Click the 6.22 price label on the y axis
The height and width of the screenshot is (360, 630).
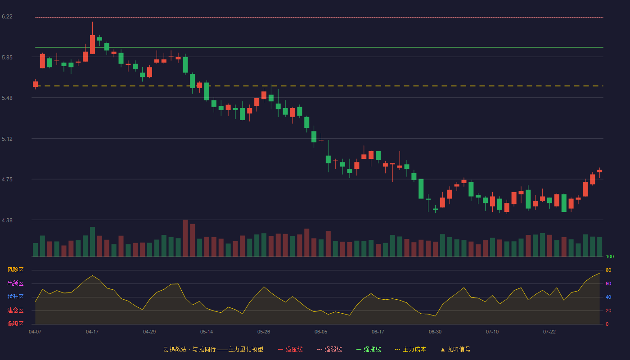(x=7, y=17)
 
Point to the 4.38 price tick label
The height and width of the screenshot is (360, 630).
(x=7, y=220)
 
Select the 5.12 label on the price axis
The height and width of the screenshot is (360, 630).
(x=7, y=139)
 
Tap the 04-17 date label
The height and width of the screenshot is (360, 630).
(x=92, y=332)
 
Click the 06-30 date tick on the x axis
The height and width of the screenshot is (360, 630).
(x=435, y=332)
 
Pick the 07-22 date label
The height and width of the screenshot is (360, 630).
(x=549, y=332)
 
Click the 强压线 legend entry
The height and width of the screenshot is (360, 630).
(x=290, y=349)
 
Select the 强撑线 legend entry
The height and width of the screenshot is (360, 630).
(x=369, y=349)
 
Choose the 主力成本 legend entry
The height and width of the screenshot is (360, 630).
(x=410, y=349)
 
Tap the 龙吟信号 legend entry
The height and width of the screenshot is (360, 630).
(x=455, y=349)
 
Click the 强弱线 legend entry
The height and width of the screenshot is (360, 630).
(x=329, y=349)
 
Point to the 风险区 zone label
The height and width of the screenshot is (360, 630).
(x=15, y=270)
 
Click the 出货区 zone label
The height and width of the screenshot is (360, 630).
(x=15, y=283)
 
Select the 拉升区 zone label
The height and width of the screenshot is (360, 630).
(x=15, y=297)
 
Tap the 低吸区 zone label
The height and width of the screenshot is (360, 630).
(x=15, y=324)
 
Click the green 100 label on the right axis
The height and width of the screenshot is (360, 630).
(x=610, y=256)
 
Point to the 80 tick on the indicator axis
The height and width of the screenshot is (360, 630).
(x=608, y=270)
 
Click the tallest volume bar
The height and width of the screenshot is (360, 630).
(x=185, y=238)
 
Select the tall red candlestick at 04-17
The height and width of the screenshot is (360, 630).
(x=92, y=44)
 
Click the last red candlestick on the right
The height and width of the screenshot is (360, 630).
(x=599, y=171)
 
